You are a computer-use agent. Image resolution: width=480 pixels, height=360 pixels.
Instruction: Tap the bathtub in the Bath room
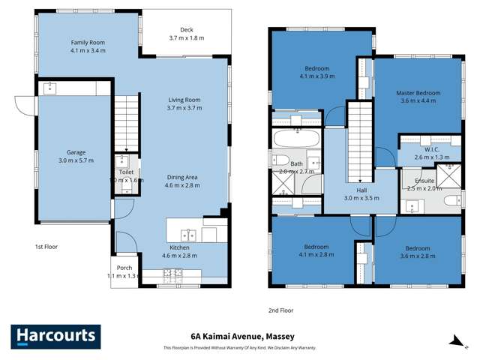click(296, 138)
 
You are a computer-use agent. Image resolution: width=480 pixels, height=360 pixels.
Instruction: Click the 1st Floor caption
click(46, 246)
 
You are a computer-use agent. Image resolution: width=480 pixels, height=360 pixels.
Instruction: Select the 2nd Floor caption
click(282, 309)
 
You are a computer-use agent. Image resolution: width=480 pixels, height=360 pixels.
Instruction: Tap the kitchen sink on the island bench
click(187, 233)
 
